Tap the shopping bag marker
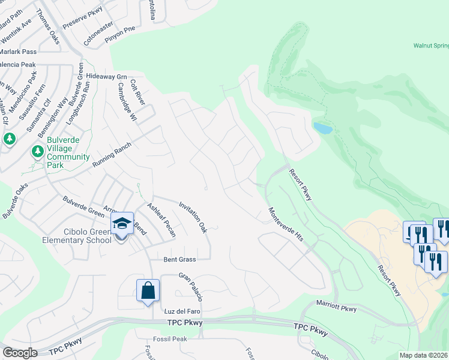tap(148, 291)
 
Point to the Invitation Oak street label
tap(193, 217)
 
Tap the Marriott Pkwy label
tap(336, 308)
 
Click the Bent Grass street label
tap(180, 260)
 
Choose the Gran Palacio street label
tap(191, 287)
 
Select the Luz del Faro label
tap(182, 312)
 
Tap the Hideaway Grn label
tap(107, 77)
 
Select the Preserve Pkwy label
tap(83, 18)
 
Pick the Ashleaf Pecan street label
tap(161, 220)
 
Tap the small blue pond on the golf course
tap(322, 128)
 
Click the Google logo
tap(20, 352)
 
